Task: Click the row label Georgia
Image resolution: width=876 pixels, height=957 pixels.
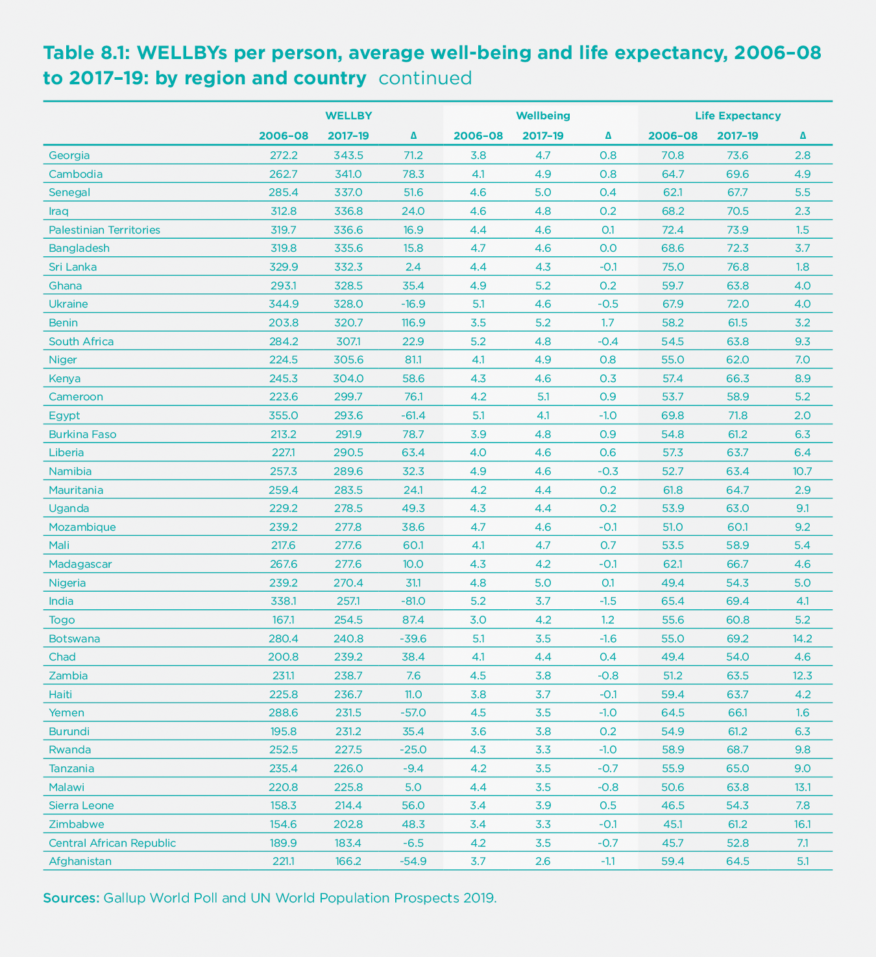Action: [69, 156]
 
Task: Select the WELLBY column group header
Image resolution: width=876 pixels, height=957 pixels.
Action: [348, 116]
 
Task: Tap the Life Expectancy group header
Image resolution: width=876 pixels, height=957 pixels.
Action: [738, 116]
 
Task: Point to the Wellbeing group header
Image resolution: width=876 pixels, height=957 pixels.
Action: [543, 116]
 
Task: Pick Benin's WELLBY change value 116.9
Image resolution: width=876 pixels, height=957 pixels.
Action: [413, 322]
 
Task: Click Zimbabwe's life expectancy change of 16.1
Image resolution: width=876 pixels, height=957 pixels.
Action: [802, 824]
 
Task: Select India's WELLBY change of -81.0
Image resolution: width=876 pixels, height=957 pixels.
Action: [413, 601]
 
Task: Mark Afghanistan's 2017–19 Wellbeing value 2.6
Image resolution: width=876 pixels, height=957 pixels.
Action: [543, 862]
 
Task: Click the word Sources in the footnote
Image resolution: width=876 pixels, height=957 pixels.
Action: [71, 899]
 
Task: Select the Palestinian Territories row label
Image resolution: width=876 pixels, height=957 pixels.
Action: [104, 230]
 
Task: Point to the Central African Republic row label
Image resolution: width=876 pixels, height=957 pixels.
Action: [112, 843]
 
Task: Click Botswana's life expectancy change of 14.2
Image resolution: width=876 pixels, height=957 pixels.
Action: [802, 638]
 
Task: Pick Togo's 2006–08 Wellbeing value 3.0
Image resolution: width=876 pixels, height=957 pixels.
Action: [478, 620]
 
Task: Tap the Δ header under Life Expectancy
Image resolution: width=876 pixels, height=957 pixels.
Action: [803, 136]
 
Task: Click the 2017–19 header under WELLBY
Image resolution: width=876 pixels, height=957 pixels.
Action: [348, 136]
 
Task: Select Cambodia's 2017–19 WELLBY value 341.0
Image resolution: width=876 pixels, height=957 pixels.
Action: [348, 174]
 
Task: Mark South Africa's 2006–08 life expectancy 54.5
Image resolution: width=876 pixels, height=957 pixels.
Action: [673, 341]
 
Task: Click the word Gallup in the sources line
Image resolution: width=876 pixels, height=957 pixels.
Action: [124, 899]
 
